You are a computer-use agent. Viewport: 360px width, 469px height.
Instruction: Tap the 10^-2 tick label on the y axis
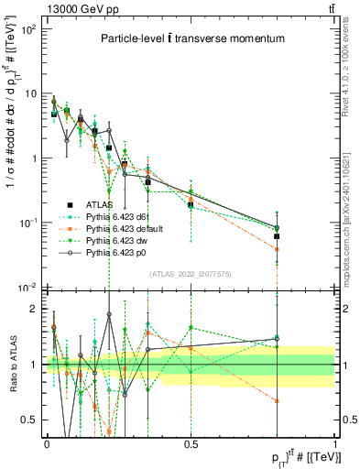(28, 287)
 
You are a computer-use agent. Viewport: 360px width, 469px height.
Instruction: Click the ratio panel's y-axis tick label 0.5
(31, 420)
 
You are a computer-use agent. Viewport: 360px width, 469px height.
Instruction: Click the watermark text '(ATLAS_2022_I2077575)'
(191, 274)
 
